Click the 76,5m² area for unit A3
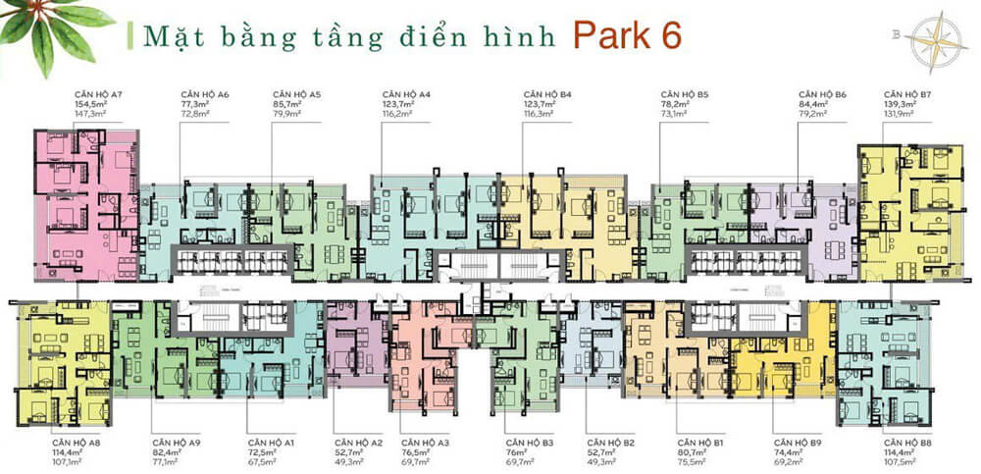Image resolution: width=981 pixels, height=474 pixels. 416,452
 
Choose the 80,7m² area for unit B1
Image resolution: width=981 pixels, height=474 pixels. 693,452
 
